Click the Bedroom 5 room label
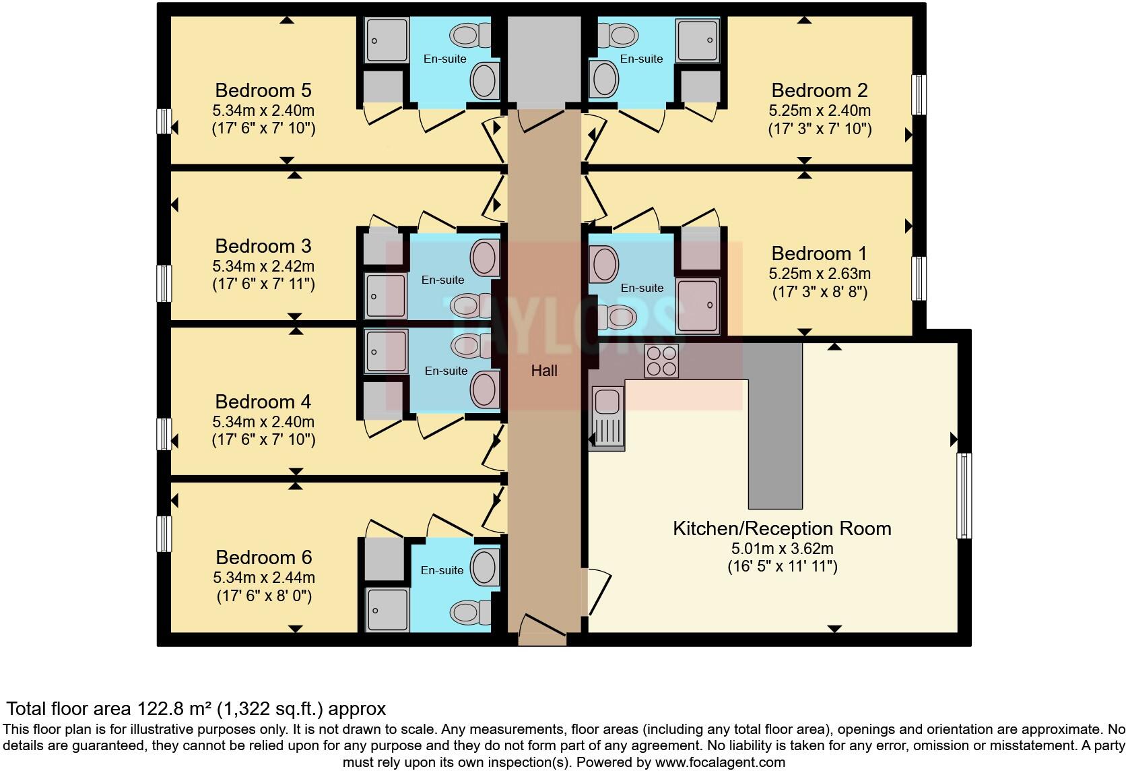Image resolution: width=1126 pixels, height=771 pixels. pos(263,90)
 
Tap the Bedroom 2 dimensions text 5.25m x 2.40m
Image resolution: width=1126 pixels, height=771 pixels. pos(820,110)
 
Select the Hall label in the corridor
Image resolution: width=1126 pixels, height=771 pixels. pos(544,370)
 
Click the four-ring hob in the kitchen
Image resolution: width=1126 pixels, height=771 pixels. pos(661,361)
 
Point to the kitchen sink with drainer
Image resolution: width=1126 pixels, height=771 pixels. pos(607,418)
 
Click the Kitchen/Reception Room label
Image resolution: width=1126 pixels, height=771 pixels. pos(782,528)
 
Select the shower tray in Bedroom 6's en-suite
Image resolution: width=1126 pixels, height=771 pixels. pos(387,609)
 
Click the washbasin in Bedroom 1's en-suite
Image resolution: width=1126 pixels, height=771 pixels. pos(605,263)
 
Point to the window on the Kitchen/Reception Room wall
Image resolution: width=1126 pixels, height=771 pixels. pos(964,495)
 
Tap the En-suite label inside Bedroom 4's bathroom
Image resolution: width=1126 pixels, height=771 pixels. pos(446,371)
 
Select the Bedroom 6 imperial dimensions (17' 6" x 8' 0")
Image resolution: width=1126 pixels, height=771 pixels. pos(264,596)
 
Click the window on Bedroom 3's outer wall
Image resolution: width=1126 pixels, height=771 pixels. pos(164,283)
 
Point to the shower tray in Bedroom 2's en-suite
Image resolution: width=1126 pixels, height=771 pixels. pos(698,40)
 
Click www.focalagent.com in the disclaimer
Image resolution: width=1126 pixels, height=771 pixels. pos(719,763)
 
